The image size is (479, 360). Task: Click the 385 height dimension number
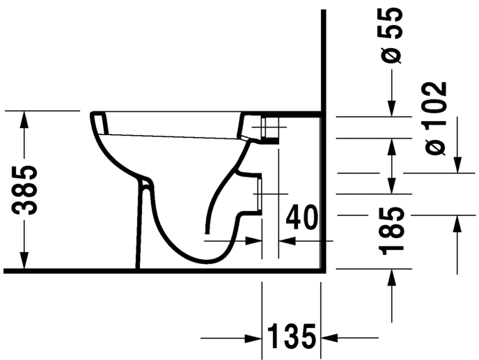(x=26, y=190)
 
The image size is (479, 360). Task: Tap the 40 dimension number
(x=302, y=218)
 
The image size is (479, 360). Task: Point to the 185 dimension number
(x=394, y=230)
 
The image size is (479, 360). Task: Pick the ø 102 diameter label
(x=435, y=118)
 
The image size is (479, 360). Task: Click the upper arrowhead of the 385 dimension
(x=25, y=119)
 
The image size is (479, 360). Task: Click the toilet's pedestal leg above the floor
(x=143, y=230)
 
